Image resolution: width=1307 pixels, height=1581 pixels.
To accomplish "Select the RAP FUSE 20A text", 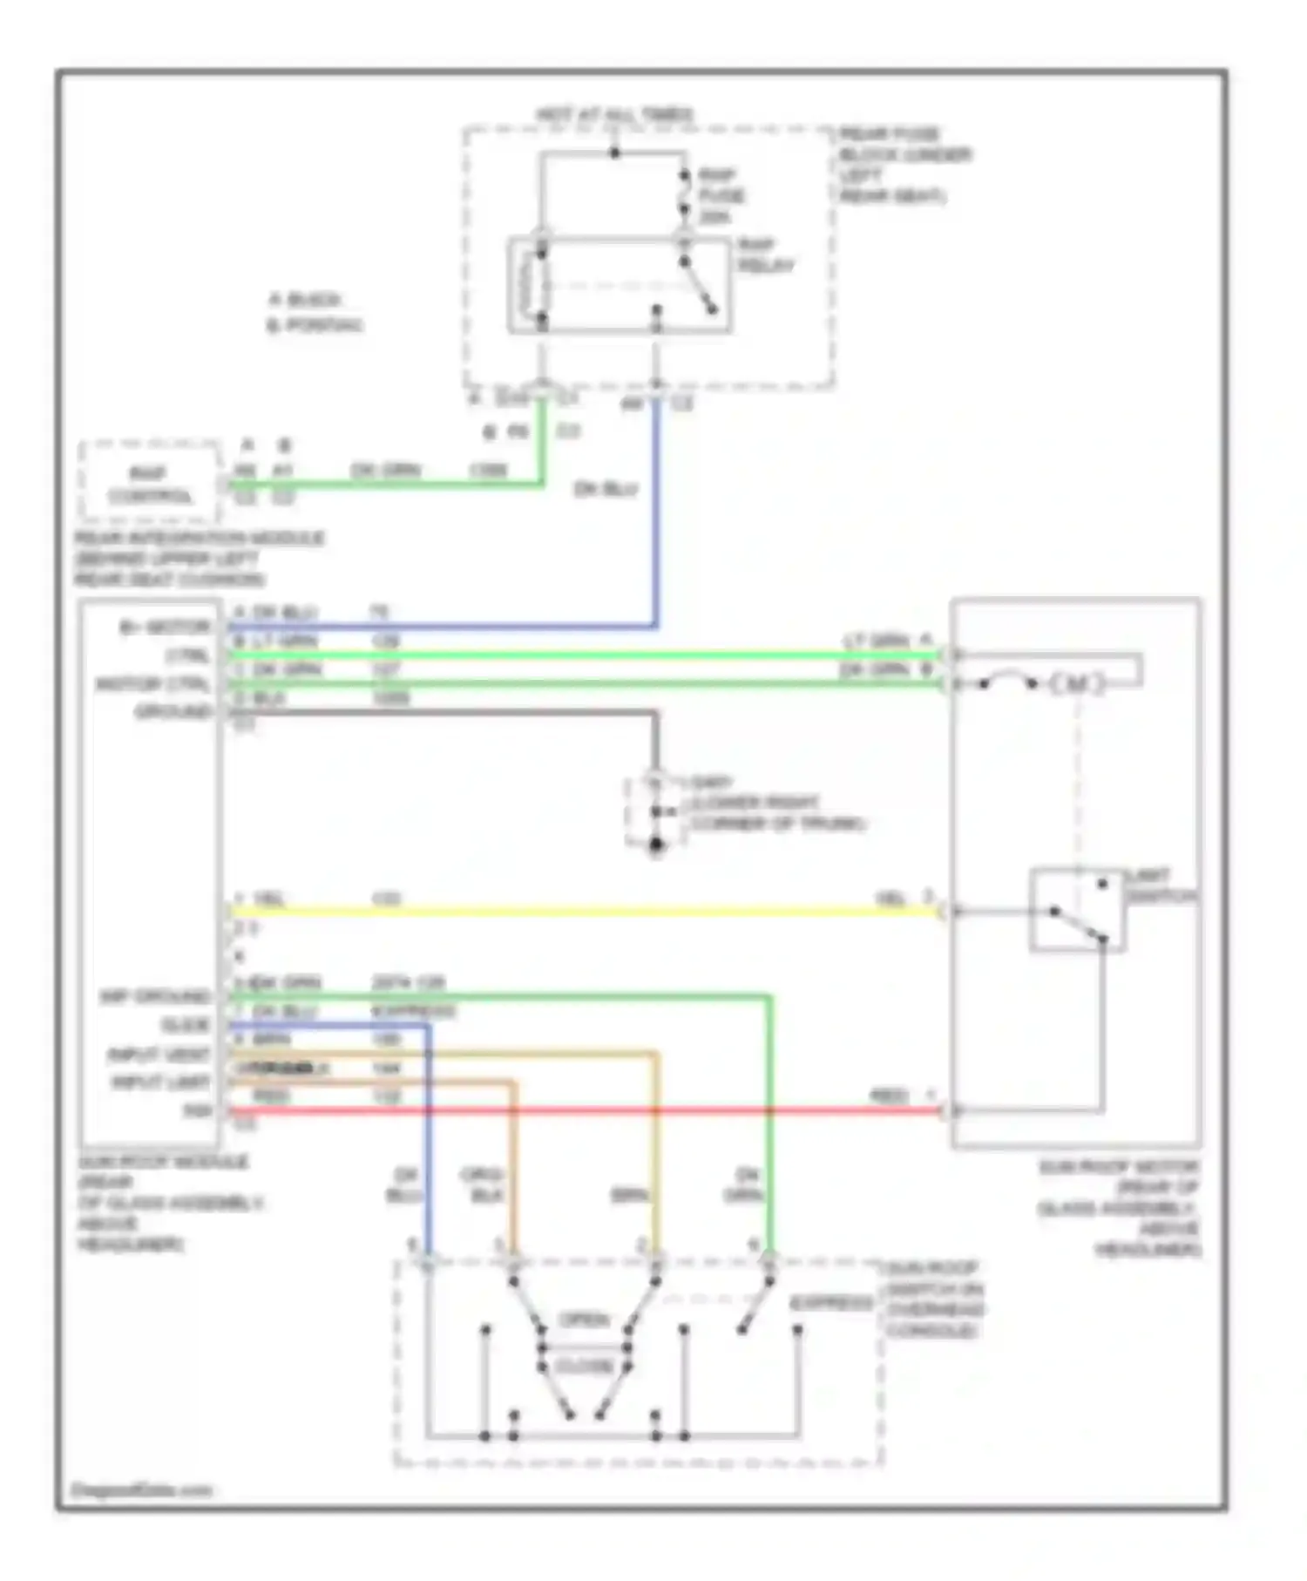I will (x=720, y=195).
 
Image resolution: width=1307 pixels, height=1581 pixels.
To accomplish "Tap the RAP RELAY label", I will (x=764, y=255).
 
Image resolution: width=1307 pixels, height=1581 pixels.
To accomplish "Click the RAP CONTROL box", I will (x=149, y=485).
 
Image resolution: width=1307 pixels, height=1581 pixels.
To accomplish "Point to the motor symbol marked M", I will (x=1076, y=684).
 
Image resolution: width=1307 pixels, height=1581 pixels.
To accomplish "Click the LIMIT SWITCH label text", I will (x=1160, y=885).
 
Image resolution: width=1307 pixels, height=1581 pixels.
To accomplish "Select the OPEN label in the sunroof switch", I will (x=583, y=1320).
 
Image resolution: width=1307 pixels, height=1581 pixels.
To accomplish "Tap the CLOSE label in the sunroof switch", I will (x=583, y=1366).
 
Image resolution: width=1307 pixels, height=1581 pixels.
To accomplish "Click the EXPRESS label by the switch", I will (x=830, y=1304).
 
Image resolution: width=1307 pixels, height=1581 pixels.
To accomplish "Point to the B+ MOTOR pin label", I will (x=165, y=627).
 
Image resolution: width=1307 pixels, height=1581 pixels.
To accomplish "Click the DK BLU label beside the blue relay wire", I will (x=606, y=489).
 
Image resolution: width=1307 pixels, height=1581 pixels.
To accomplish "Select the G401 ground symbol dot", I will (x=656, y=844).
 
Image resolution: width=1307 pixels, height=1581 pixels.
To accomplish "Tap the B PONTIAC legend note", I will (x=314, y=325).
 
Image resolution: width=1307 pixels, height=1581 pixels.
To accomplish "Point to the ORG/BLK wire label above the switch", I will (x=482, y=1184).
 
